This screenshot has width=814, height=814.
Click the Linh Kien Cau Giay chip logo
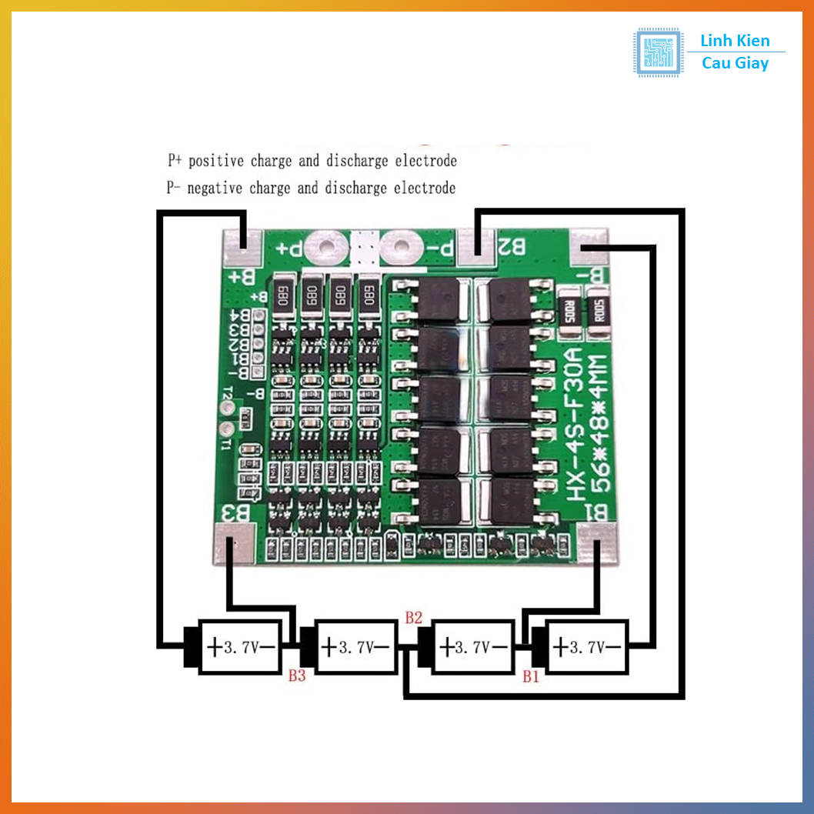658,52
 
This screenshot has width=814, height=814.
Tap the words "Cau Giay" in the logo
735,64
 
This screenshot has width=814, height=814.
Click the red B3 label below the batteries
297,676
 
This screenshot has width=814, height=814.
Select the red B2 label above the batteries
414,617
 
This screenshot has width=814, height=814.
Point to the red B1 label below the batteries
531,677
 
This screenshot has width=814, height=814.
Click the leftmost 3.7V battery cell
239,647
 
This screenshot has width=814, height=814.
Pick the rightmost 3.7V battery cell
586,647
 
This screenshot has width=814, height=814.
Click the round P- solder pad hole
400,248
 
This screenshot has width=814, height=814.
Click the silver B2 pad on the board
478,245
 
